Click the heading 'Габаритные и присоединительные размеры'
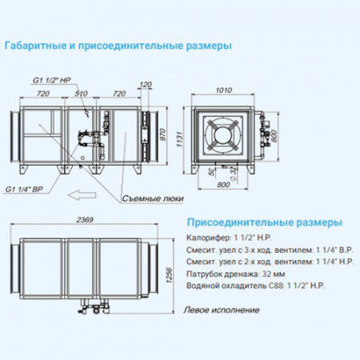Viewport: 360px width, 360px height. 118,46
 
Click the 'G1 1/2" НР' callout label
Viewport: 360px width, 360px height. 50,80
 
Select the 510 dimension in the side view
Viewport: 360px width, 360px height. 81,94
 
